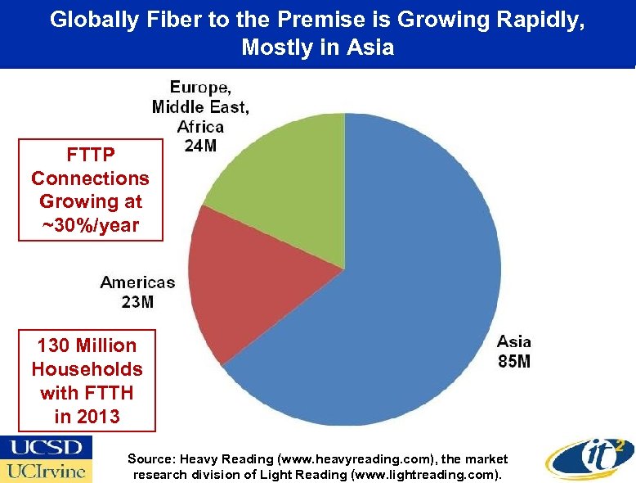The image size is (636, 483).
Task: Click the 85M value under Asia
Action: coord(513,361)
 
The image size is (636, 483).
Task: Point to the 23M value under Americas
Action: coord(137,302)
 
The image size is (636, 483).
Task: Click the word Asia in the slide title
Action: coord(374,47)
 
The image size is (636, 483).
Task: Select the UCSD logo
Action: coord(47,448)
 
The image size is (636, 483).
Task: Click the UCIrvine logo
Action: coord(47,471)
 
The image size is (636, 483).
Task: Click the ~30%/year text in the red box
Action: coord(90,225)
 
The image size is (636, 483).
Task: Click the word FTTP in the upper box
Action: coord(90,154)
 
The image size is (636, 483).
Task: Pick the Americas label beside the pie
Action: coord(137,282)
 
